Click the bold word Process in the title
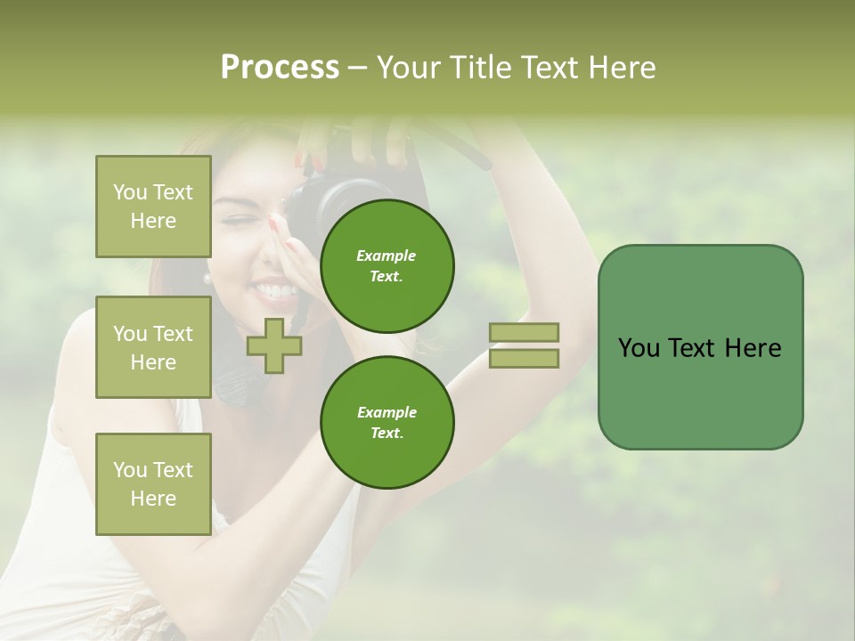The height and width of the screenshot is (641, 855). coord(280,68)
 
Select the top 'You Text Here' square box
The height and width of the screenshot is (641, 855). coord(153,207)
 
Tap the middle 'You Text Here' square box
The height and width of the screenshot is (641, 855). coord(153,347)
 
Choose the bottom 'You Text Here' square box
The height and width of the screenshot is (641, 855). coord(153,483)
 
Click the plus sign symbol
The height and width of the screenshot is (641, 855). coord(273,345)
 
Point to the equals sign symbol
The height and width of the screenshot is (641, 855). coord(525,345)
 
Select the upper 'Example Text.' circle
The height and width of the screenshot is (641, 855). coord(387,265)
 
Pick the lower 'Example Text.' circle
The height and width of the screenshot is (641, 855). coord(387,422)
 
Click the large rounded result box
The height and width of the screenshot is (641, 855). coord(700,347)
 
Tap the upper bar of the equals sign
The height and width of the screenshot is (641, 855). coord(525,332)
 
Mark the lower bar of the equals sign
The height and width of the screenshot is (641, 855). coord(525,358)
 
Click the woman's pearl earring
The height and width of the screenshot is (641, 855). coord(208,278)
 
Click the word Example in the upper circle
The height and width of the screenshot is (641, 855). coord(387,256)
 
